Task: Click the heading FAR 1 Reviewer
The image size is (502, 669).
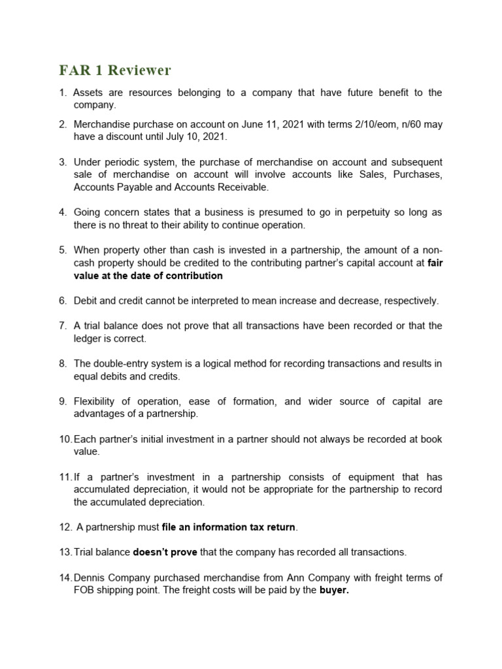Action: click(115, 70)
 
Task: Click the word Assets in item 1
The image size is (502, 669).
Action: click(88, 93)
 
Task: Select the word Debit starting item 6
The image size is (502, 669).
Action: click(87, 301)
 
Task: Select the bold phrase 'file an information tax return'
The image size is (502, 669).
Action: click(228, 527)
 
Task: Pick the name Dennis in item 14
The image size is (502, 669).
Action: click(89, 577)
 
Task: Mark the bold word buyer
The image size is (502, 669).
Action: click(333, 590)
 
